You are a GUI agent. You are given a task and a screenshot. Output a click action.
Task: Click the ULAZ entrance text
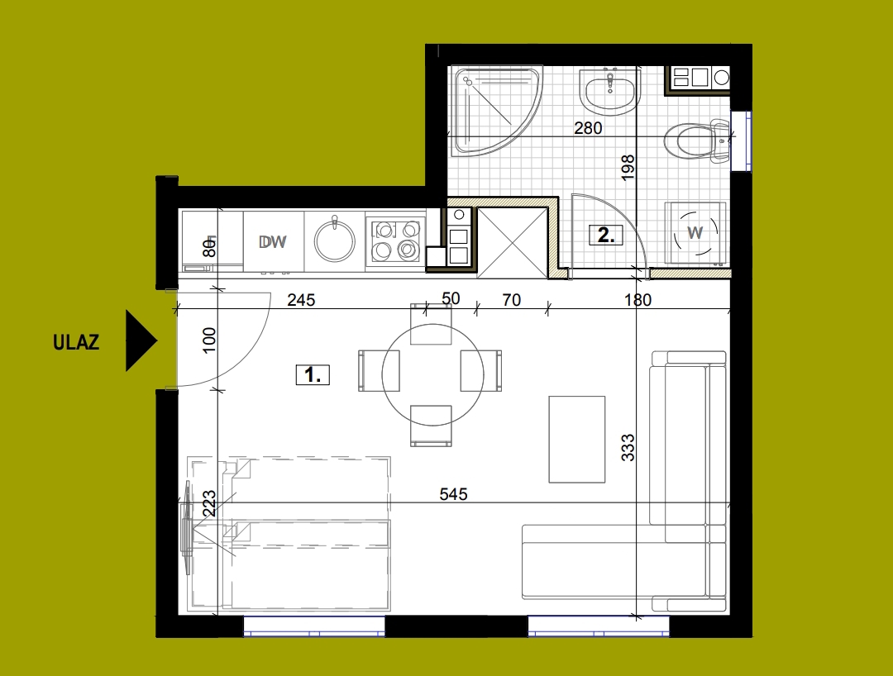(76, 342)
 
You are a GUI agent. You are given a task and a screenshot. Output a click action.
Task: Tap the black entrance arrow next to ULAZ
(141, 340)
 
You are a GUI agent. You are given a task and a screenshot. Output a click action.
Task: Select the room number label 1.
(313, 375)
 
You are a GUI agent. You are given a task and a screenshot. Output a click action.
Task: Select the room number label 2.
(605, 235)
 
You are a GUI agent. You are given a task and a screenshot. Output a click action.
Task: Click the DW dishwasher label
(273, 242)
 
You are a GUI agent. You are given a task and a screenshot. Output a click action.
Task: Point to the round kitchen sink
(335, 241)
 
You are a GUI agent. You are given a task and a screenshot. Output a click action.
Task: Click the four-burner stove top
(396, 240)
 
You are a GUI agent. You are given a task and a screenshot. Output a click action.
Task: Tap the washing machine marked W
(695, 233)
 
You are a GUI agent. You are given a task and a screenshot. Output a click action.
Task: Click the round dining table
(432, 375)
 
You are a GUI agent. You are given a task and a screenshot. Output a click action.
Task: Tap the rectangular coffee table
(577, 440)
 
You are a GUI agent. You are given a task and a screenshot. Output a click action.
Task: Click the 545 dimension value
(453, 494)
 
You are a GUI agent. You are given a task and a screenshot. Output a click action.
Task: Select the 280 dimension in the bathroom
(588, 128)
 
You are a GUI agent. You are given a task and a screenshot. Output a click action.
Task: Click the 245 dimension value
(301, 299)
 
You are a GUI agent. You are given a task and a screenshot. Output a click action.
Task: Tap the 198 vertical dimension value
(627, 168)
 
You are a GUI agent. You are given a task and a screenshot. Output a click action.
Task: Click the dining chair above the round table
(431, 324)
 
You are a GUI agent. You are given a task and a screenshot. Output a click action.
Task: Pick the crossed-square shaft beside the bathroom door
(513, 243)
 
